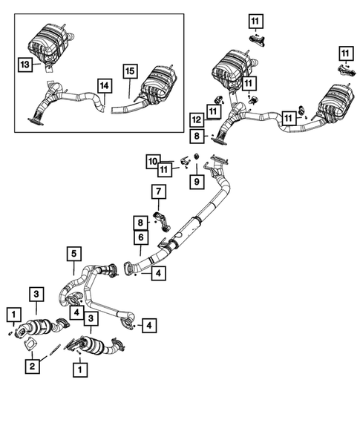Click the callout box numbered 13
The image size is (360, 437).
(x=24, y=65)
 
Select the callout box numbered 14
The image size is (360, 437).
(x=105, y=85)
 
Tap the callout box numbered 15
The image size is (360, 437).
(x=130, y=72)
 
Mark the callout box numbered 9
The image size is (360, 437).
(x=197, y=180)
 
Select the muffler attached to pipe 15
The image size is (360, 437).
(x=157, y=84)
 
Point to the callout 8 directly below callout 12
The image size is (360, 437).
(x=195, y=136)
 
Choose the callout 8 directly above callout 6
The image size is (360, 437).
(x=139, y=221)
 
